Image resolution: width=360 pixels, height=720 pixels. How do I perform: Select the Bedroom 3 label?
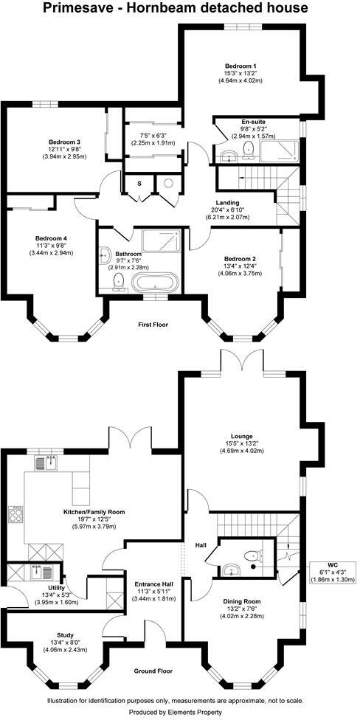pos(65,142)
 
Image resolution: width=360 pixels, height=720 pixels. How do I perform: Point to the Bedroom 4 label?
pos(51,238)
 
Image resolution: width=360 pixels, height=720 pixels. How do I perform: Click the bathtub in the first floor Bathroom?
pos(155,283)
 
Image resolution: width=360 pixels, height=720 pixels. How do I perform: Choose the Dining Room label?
pos(243,601)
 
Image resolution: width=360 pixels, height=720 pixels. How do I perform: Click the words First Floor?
pos(154,325)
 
